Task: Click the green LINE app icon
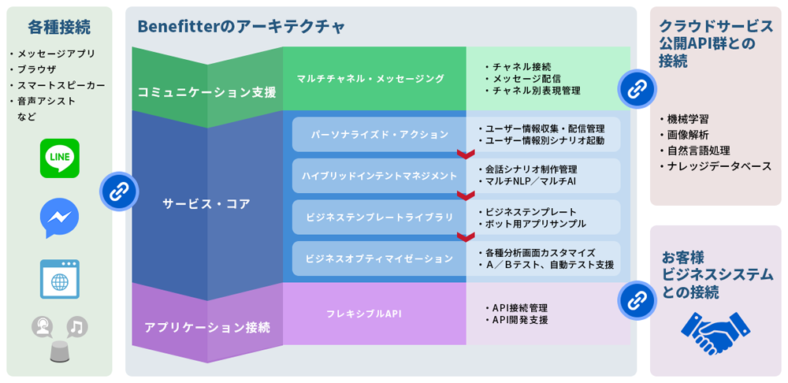click(60, 158)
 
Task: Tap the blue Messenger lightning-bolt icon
click(60, 218)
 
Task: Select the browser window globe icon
click(60, 278)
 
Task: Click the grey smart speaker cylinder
click(60, 351)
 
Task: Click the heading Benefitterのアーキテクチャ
click(241, 27)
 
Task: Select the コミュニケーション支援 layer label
click(206, 92)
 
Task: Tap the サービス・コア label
click(206, 203)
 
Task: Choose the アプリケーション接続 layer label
click(206, 326)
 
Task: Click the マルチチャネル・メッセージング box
click(370, 78)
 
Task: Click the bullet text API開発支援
click(519, 320)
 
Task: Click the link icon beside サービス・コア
click(119, 190)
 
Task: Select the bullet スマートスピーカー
click(61, 85)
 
